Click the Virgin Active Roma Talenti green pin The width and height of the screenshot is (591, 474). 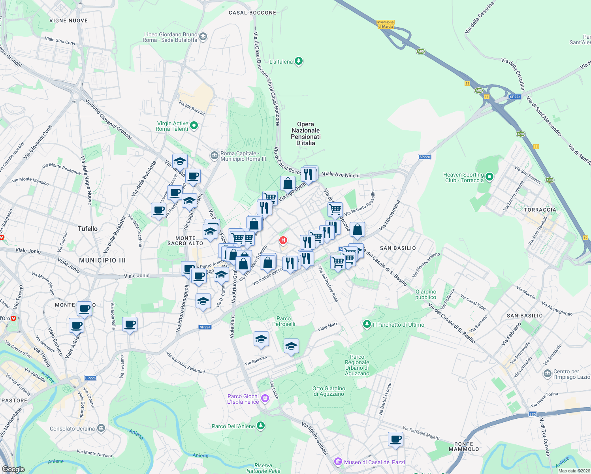[194, 126]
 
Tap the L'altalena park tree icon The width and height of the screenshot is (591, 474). [299, 61]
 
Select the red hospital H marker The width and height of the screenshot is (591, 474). [283, 240]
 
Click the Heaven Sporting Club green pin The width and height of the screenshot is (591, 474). [489, 177]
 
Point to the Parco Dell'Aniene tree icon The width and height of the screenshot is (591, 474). [260, 425]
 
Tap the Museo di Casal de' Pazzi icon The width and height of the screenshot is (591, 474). [338, 461]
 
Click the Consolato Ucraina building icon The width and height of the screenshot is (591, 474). [101, 428]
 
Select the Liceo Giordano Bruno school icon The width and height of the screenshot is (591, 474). [203, 37]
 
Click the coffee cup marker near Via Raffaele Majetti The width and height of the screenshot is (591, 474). [395, 439]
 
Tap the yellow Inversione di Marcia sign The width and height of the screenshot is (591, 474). [386, 24]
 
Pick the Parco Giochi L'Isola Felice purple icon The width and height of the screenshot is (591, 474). [265, 399]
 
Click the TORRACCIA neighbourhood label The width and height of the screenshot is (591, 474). [540, 210]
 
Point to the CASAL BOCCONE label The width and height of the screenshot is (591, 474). [252, 13]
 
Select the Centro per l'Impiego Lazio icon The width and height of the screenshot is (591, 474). [547, 373]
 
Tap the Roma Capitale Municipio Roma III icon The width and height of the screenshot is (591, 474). [214, 155]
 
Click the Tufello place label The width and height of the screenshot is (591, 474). [88, 229]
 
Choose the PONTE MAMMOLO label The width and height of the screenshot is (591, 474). [464, 446]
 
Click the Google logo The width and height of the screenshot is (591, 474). [13, 469]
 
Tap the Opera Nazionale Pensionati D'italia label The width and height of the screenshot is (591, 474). [306, 134]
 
